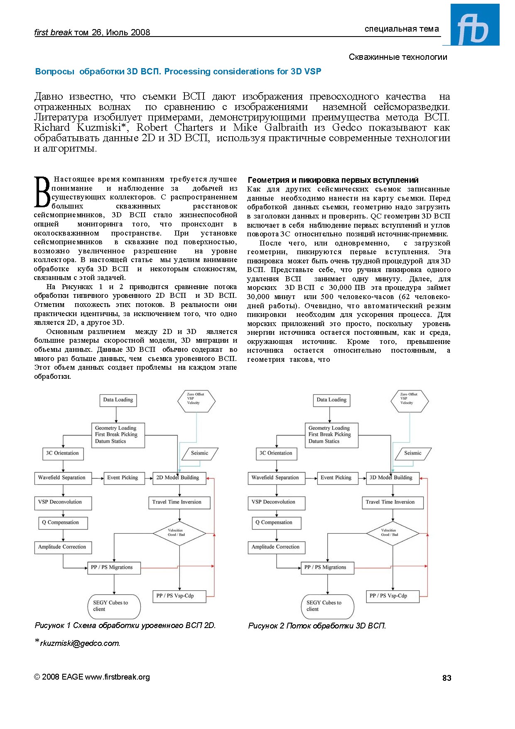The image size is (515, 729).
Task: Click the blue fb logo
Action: [474, 25]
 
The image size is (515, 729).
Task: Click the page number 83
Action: [446, 678]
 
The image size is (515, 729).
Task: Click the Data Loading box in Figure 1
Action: [118, 400]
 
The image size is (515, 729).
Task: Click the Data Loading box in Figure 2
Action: [331, 400]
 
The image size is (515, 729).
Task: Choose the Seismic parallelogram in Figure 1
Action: [199, 453]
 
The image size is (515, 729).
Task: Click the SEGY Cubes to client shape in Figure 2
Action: [327, 606]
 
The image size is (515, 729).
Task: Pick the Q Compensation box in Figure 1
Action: [63, 523]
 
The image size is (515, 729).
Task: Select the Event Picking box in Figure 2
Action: [336, 478]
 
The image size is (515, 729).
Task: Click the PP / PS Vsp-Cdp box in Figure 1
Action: [179, 596]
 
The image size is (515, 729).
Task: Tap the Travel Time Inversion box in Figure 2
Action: [392, 502]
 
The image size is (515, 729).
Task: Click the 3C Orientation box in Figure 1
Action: [63, 453]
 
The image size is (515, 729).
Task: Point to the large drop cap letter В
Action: [42, 192]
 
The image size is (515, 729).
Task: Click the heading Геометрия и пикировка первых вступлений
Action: [333, 180]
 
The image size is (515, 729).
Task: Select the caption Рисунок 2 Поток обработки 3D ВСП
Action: [317, 626]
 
